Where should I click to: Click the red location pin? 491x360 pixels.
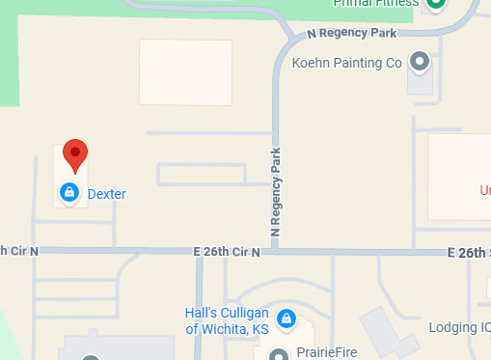(75, 155)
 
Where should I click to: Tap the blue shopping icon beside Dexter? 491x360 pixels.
(69, 193)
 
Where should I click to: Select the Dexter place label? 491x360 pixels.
(106, 194)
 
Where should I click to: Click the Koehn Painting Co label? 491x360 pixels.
(345, 64)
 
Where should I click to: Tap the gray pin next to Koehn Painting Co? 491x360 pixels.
(420, 62)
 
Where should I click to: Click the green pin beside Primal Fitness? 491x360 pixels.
(436, 4)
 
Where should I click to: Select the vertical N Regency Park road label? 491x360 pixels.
(276, 193)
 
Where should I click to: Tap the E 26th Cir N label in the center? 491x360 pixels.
(227, 252)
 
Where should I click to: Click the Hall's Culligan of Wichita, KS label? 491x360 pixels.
(227, 321)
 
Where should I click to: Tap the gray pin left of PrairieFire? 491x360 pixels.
(280, 354)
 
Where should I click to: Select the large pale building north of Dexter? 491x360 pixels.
(185, 71)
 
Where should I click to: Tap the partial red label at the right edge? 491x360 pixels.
(485, 190)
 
